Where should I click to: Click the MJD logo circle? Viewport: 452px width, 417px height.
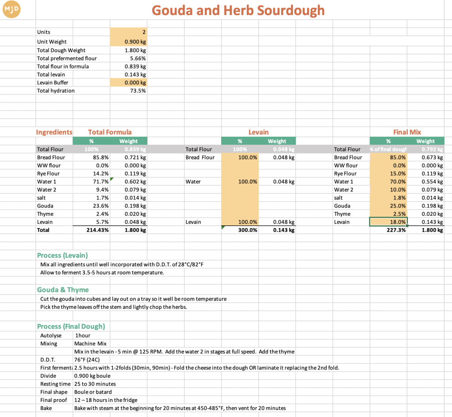point(11,9)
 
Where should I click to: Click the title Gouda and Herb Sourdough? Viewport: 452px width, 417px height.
point(238,10)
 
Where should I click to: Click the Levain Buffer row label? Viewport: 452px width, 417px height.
point(53,83)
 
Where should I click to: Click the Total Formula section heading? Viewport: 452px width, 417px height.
point(110,132)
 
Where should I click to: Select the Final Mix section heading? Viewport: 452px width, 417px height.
point(407,132)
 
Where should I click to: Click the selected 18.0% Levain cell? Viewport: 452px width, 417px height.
point(388,222)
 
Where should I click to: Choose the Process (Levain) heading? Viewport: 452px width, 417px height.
point(62,255)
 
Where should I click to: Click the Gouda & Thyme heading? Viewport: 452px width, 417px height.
point(63,290)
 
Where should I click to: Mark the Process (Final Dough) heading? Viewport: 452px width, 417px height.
point(71,327)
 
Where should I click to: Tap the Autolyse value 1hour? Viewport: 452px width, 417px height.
point(83,336)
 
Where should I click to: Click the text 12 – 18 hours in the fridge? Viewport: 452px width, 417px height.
point(105,400)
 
